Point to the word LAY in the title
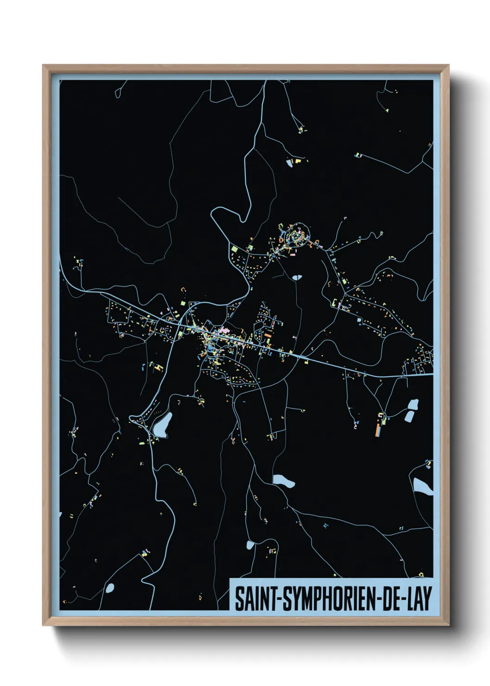419,598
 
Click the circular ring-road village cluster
297,235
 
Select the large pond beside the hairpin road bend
163,425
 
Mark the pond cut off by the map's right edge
422,486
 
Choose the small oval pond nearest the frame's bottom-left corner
110,588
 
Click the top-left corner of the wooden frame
43,65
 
